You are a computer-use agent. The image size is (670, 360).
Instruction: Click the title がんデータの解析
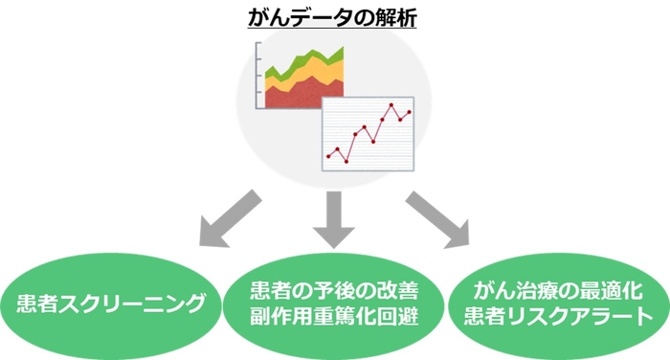(x=335, y=18)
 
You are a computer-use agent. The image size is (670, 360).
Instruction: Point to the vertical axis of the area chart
(x=258, y=77)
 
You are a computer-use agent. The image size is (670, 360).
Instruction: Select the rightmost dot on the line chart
(x=409, y=112)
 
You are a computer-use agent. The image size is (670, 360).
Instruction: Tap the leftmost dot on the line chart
(x=328, y=155)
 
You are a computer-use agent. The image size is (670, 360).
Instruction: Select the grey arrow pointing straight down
(x=335, y=219)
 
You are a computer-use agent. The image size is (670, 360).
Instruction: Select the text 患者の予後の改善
(x=334, y=291)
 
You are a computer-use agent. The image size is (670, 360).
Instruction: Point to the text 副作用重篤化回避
(x=334, y=319)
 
